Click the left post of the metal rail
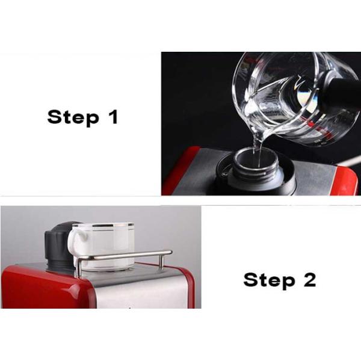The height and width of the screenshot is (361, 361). click(x=78, y=268)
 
